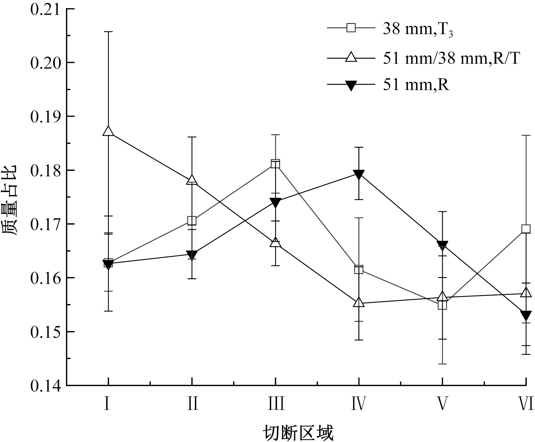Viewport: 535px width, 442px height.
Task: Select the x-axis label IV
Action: click(358, 404)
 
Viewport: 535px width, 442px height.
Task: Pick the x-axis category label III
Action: click(275, 404)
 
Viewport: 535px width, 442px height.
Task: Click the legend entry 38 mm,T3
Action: click(418, 29)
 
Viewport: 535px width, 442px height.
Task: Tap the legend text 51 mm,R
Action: click(416, 84)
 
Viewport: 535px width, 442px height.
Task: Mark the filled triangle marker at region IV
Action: click(359, 174)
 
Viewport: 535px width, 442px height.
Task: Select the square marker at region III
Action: click(275, 164)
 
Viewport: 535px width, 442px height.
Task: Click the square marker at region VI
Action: click(526, 229)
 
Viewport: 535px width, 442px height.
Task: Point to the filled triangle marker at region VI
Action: click(526, 315)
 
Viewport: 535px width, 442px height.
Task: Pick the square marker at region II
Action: click(192, 221)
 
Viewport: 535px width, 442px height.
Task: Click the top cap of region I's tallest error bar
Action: click(108, 32)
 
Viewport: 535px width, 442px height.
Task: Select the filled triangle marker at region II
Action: click(192, 255)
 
